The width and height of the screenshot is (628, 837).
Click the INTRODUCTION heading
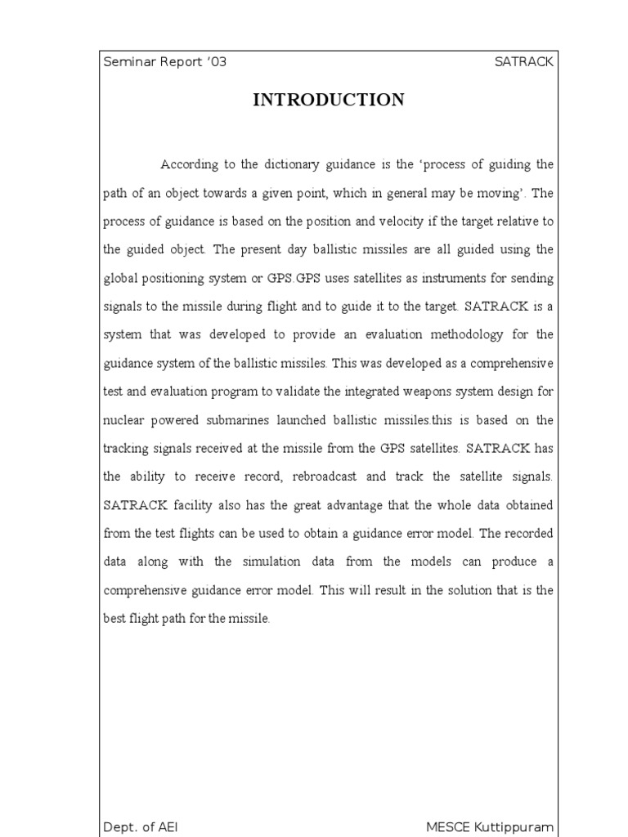click(x=328, y=100)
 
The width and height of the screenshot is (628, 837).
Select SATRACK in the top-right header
click(x=524, y=63)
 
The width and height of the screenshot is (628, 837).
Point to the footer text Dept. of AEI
click(x=140, y=827)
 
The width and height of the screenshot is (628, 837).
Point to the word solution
click(x=461, y=590)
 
